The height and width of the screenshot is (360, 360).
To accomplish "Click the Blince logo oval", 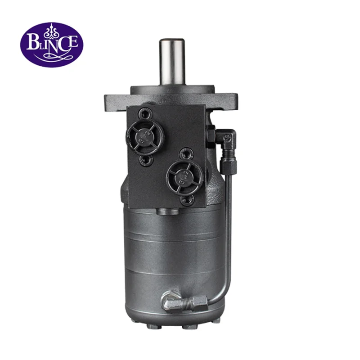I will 51,45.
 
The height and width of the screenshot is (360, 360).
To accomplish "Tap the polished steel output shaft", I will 171,61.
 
